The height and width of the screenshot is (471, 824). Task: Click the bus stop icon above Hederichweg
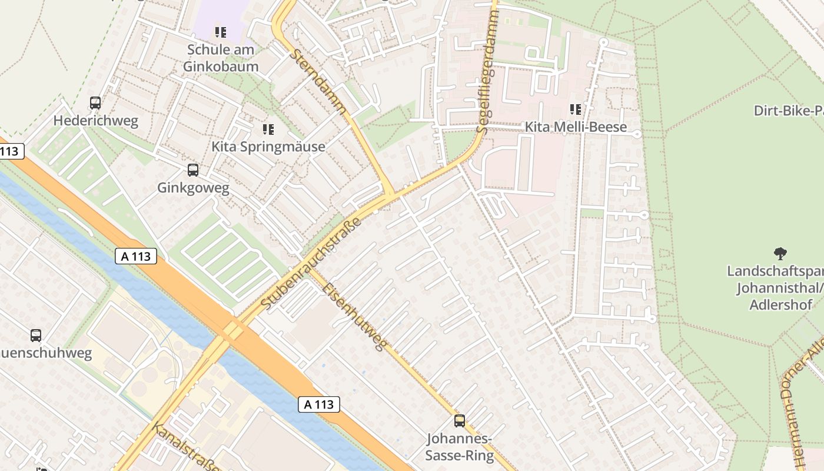point(95,103)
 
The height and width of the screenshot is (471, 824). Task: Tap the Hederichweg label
point(96,121)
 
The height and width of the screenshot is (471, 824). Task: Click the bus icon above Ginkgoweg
point(193,170)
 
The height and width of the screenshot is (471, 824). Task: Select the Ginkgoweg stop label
point(193,188)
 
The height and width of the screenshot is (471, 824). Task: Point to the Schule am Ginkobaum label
point(221,58)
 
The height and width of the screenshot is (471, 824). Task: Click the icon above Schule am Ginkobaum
point(221,32)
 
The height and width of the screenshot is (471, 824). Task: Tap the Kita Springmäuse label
point(268,147)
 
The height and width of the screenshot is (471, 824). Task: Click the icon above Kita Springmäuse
point(268,129)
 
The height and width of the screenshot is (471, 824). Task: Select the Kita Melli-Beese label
point(576,127)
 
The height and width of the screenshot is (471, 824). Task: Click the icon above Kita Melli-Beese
point(576,110)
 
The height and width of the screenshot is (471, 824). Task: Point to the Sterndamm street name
point(320,81)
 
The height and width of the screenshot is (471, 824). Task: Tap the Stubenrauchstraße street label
point(311,264)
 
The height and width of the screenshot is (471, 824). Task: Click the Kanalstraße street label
point(185,447)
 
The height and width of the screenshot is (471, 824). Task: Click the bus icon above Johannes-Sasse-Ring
point(460,421)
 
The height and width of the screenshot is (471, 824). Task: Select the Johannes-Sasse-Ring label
point(460,447)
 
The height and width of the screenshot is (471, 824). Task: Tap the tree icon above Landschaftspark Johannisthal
point(780,254)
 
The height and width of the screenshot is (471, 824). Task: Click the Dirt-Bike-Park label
point(789,111)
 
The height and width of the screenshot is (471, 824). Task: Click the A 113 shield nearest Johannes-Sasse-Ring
point(319,404)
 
